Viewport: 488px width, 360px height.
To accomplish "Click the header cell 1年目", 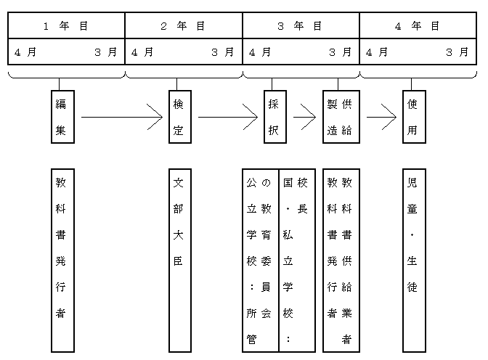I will click(66, 25).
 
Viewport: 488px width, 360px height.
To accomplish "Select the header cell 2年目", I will click(183, 25).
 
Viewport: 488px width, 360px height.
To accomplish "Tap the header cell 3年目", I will click(301, 25).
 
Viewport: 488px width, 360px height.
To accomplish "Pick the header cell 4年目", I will click(418, 25).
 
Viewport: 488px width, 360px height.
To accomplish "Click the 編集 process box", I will click(62, 116).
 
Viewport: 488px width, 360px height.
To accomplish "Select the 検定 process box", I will click(179, 116).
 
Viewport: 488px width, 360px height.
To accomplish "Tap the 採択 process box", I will click(274, 116).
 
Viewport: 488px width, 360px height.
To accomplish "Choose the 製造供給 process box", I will click(341, 116).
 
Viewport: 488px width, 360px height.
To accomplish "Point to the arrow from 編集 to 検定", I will click(121, 116).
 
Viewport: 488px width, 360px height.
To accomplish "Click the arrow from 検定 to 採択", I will click(227, 116).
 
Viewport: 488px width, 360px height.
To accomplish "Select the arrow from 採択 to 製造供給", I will click(304, 116).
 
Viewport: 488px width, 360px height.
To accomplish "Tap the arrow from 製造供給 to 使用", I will click(381, 116).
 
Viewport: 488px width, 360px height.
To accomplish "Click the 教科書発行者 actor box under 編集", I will click(62, 260).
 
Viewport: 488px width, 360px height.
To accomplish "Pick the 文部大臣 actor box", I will click(179, 260).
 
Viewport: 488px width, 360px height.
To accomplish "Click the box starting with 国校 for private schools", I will click(297, 260).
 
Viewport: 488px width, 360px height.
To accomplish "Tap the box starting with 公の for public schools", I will click(260, 260).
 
